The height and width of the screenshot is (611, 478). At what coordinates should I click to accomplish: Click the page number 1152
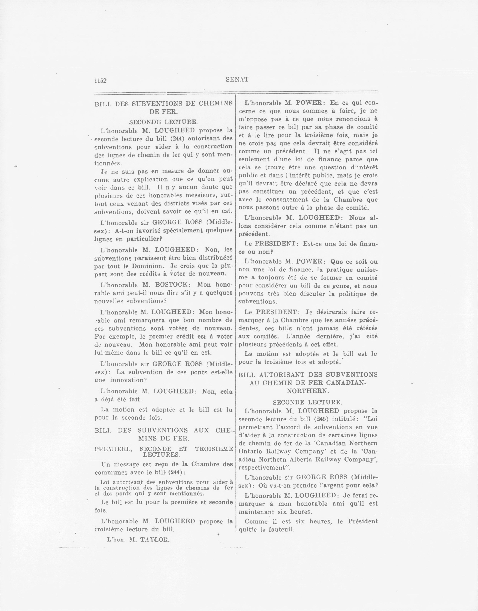(x=100, y=80)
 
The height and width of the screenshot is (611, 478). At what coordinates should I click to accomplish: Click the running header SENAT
(x=237, y=79)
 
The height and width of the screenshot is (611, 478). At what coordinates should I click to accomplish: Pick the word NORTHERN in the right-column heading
(x=308, y=391)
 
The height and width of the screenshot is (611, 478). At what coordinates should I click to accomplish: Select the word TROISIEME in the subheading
(x=214, y=449)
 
